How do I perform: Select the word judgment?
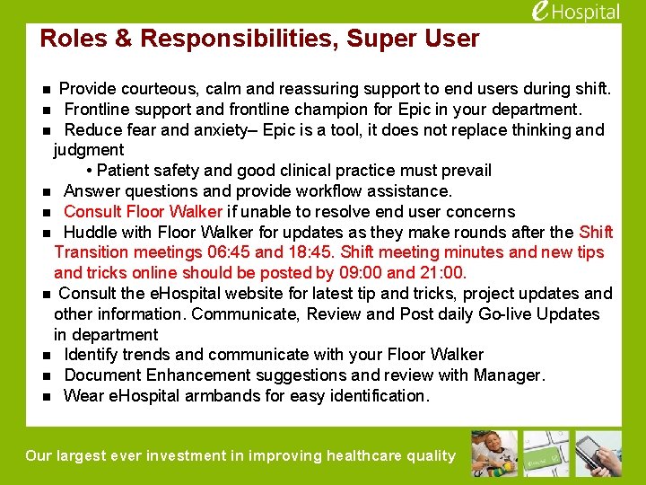point(89,150)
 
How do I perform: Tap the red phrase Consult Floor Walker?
point(143,212)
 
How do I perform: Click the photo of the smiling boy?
point(493,454)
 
